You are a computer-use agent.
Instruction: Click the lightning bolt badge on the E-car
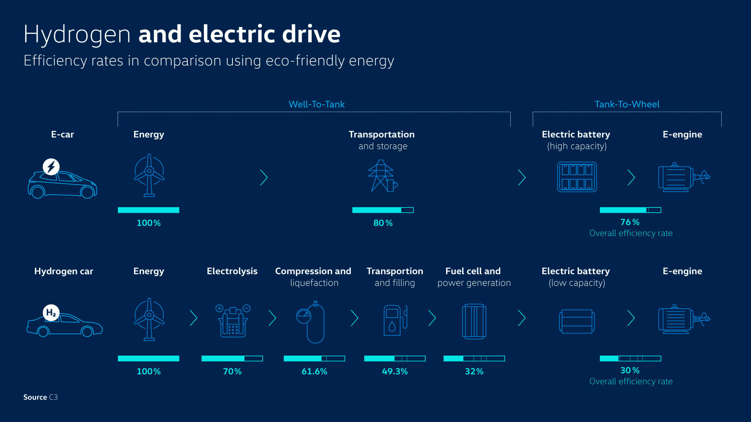51,167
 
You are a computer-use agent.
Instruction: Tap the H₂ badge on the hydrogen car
51,312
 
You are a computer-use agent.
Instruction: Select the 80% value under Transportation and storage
383,223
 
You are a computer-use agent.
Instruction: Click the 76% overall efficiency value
630,222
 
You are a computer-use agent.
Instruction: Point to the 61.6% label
314,371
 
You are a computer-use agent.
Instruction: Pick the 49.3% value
395,371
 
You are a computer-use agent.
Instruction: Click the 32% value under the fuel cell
474,371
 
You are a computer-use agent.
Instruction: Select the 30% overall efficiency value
630,370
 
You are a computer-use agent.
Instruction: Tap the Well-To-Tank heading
316,104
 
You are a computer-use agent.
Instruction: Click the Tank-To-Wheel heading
627,104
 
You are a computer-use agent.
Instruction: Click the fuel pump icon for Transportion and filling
394,320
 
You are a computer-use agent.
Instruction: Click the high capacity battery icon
577,177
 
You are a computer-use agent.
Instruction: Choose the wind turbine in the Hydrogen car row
149,319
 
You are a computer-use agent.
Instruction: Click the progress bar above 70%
232,359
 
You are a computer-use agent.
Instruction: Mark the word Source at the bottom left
35,397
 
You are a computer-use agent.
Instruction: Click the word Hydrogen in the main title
77,34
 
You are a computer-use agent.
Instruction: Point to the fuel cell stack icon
474,321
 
